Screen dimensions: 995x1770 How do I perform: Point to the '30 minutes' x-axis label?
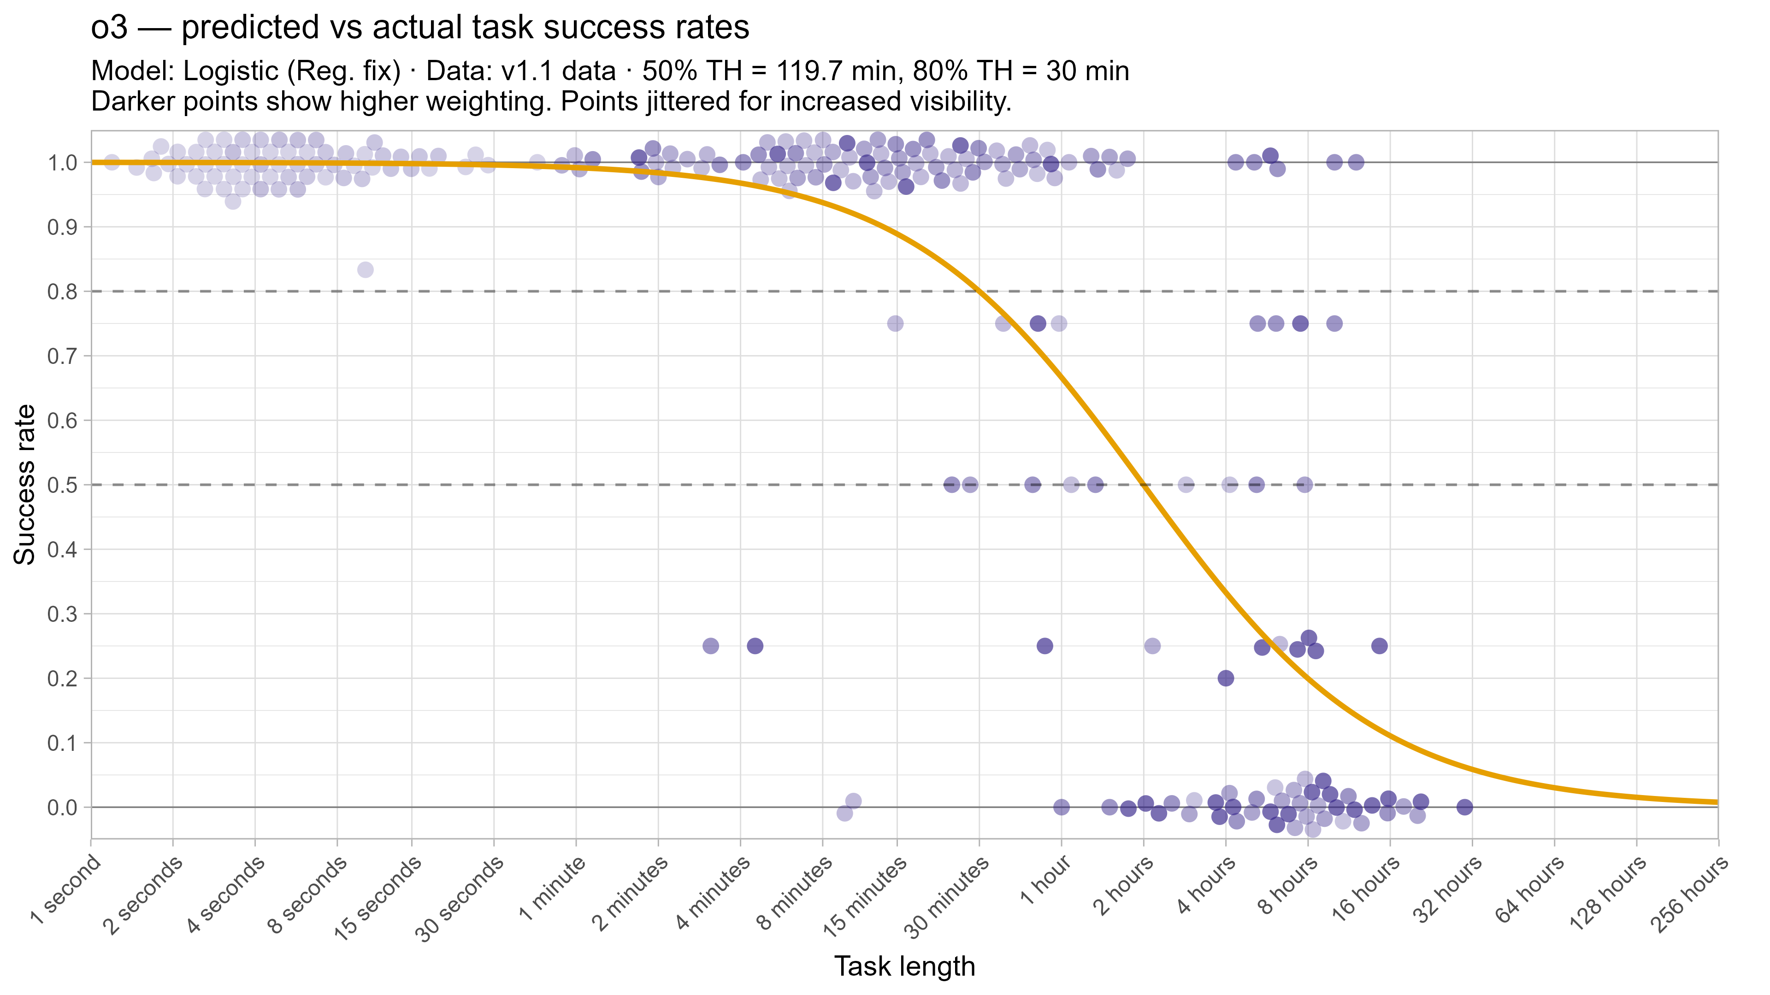click(947, 897)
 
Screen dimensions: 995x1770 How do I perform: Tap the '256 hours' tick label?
click(1689, 895)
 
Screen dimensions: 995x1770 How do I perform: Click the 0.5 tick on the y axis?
click(62, 485)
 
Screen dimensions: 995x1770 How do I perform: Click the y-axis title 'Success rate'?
click(25, 485)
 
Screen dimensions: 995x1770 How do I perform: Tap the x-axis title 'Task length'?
click(904, 966)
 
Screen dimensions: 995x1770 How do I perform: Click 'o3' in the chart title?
click(109, 28)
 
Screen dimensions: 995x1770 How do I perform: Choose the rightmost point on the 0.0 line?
click(1465, 807)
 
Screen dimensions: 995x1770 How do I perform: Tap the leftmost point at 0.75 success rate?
click(895, 323)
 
